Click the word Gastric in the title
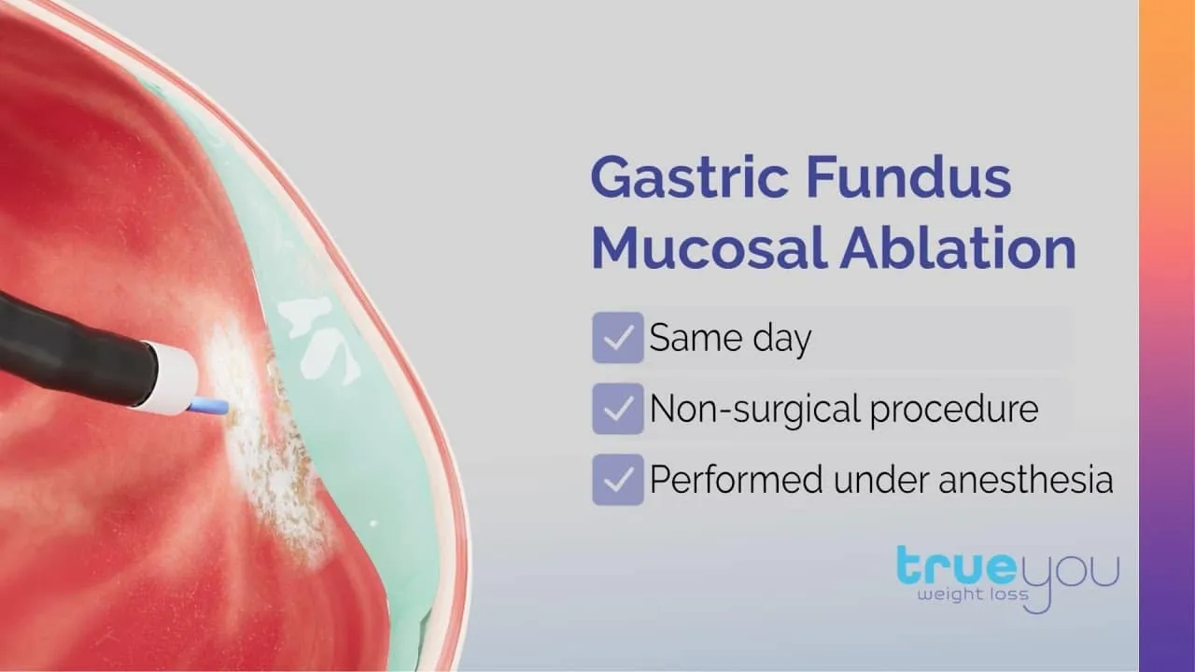689,178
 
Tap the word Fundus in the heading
908,176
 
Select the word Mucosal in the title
710,248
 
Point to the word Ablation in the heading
959,248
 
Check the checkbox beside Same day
618,338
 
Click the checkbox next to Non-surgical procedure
618,409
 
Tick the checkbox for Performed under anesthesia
618,480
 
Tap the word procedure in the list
954,411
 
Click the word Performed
737,480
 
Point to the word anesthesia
1026,480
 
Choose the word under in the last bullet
880,480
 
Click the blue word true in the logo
957,566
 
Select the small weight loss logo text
973,595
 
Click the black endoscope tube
75,352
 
